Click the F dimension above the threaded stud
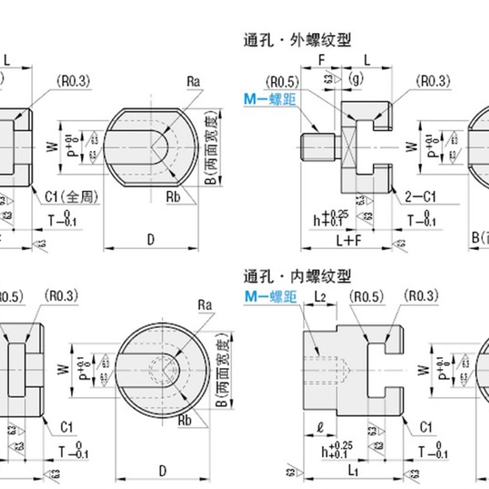click(x=322, y=60)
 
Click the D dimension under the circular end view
click(x=163, y=471)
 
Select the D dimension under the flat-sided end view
click(x=150, y=240)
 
